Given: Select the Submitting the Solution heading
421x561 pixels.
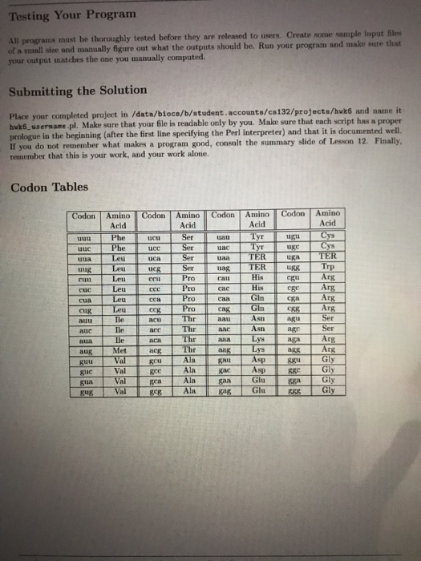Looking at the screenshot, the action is (78, 90).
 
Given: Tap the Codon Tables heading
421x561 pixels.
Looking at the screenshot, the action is (49, 188).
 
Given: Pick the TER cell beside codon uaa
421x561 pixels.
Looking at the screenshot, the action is (257, 256).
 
